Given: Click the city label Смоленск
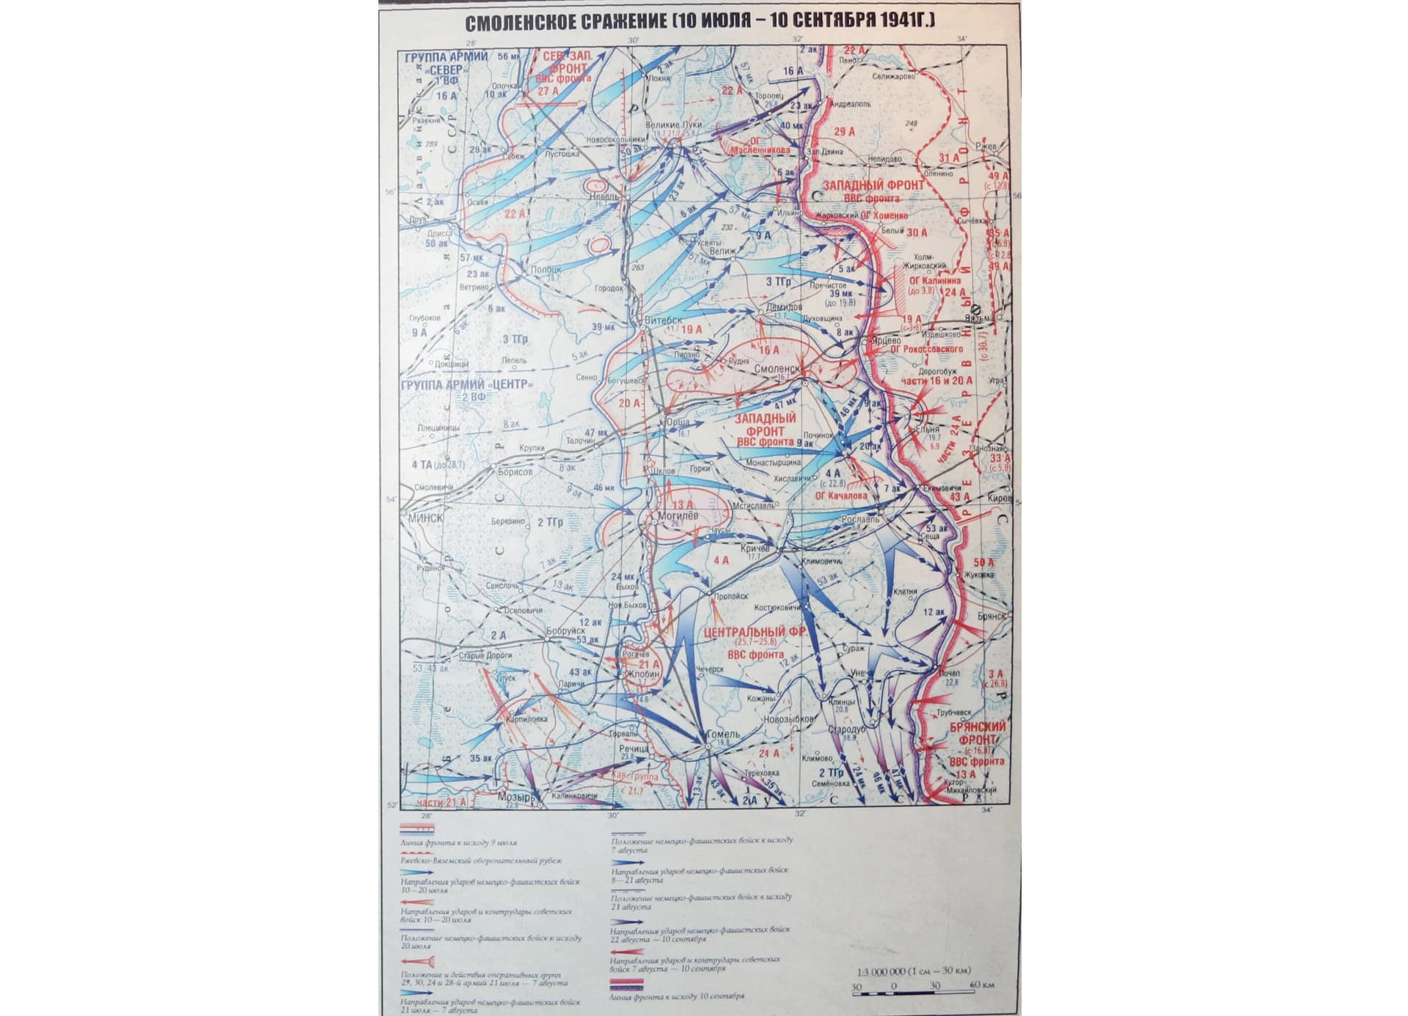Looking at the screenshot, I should (x=777, y=369).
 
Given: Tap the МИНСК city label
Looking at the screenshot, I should (x=426, y=518).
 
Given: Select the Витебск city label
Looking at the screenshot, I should (x=663, y=320).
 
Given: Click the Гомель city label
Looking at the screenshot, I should (x=722, y=734).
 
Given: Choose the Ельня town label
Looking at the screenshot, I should (x=927, y=430).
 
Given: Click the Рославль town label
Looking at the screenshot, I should (x=860, y=519).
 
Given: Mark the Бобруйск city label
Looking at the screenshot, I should (x=565, y=630).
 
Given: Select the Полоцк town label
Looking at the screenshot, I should (x=546, y=270).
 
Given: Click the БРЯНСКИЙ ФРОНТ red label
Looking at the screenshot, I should (x=978, y=733).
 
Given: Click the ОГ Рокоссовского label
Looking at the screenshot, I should (x=926, y=350).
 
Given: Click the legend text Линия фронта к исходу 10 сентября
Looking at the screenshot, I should (x=676, y=997).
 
